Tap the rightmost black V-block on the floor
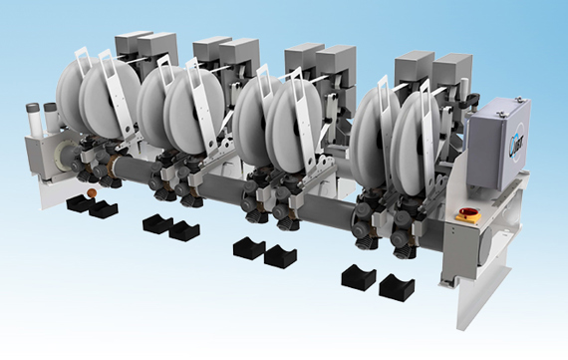pos(396,287)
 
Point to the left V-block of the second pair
pos(156,223)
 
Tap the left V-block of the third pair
pos(248,247)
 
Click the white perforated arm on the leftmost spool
pos(116,100)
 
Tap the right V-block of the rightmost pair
pos(396,287)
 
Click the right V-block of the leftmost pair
pos(102,210)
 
